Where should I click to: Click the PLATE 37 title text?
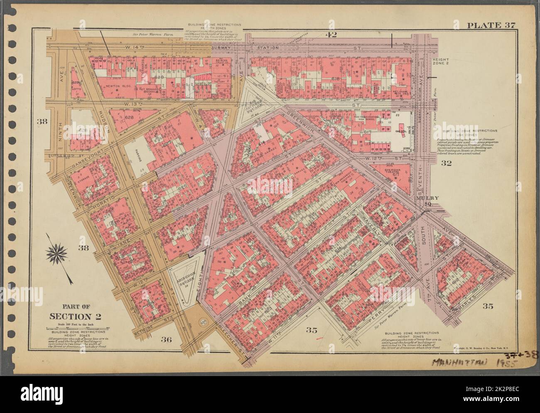(x=491, y=25)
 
